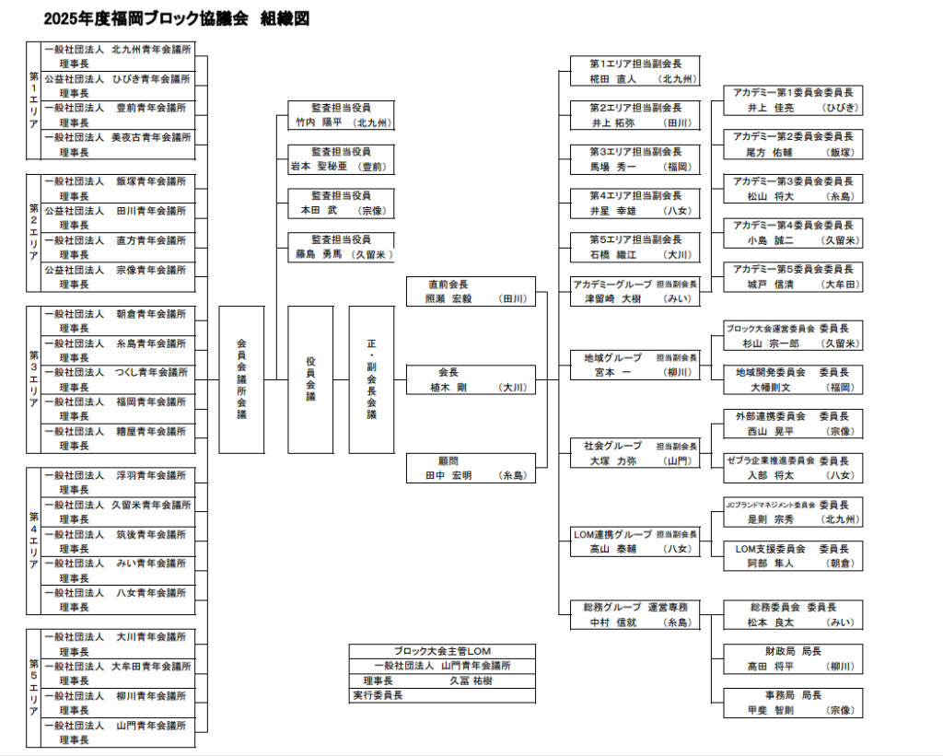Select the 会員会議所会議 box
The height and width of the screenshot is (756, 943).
pos(241,379)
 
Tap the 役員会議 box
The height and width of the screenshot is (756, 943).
pos(310,379)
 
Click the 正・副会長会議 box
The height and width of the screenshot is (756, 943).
pos(371,379)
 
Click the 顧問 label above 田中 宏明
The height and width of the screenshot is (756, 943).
pos(448,460)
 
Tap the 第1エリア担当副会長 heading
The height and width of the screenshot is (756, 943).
pos(635,64)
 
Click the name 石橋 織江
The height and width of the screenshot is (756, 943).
pos(613,255)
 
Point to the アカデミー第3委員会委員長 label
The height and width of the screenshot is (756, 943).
pos(792,181)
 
